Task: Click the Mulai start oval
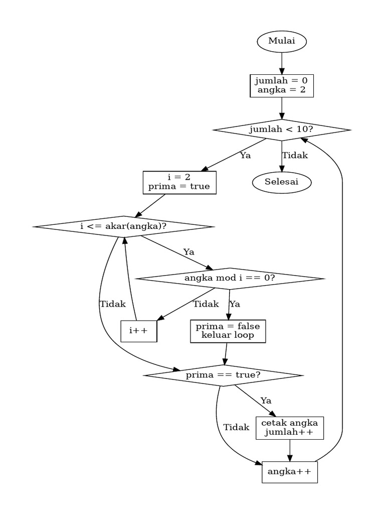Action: coord(281,42)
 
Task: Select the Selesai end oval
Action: coord(281,182)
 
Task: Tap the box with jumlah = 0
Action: coord(281,86)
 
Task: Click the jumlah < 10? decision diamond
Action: coord(281,130)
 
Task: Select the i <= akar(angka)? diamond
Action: coord(123,226)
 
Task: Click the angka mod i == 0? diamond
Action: coord(230,278)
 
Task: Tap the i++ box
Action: coord(139,331)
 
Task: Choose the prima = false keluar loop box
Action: coord(228,331)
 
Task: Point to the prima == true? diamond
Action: coord(223,375)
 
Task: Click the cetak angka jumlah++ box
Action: coord(289,428)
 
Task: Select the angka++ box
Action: coord(289,472)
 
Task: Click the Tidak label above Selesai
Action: coord(295,156)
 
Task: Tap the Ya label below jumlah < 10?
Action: coord(245,156)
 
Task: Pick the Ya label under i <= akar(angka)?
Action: coord(188,252)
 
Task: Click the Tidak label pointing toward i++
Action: coord(206,304)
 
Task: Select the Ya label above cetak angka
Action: coord(266,401)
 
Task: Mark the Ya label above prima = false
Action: coord(235,304)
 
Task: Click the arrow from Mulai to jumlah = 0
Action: coord(281,63)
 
